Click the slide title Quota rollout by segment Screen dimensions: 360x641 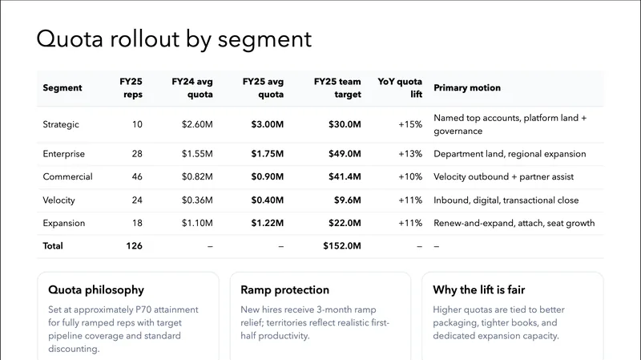(x=174, y=39)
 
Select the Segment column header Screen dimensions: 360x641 (x=62, y=88)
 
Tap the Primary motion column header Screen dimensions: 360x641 (x=466, y=88)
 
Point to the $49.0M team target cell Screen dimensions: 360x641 (x=345, y=153)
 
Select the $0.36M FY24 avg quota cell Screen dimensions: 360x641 (x=197, y=200)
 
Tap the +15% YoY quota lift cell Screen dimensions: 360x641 (x=409, y=124)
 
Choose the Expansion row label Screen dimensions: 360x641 (x=63, y=223)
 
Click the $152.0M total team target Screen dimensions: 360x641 (x=342, y=246)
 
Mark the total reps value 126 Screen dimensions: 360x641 (x=133, y=246)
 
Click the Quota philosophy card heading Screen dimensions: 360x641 (x=96, y=289)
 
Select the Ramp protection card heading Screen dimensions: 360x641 (x=284, y=289)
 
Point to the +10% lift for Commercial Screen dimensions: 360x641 (x=409, y=176)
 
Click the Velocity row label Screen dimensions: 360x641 (x=59, y=200)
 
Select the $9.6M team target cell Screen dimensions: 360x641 (x=348, y=200)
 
